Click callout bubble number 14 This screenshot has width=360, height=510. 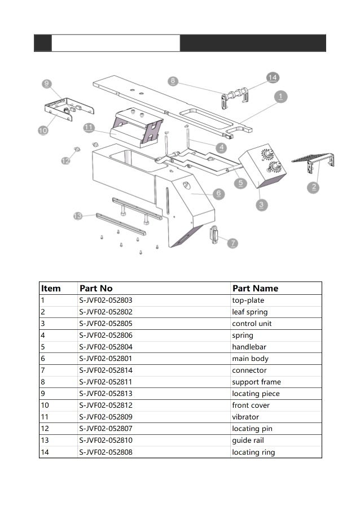273,77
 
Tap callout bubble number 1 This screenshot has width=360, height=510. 280,97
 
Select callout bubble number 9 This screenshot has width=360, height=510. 46,84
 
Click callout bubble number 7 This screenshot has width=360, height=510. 232,243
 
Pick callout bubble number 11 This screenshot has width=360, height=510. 89,128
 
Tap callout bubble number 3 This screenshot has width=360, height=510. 261,204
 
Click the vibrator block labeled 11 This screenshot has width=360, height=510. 135,127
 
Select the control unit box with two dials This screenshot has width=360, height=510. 262,168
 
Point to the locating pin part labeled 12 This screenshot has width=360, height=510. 78,149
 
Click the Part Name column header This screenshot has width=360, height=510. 255,288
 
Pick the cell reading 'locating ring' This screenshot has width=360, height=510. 253,452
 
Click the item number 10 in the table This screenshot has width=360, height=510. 46,406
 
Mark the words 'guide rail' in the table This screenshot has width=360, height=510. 248,441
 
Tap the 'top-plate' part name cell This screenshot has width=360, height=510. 248,300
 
